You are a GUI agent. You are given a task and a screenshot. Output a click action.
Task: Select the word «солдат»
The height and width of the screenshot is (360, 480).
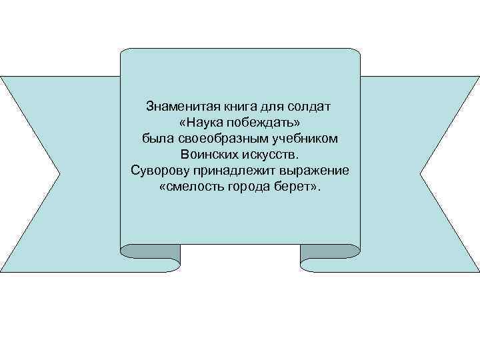[x=309, y=107]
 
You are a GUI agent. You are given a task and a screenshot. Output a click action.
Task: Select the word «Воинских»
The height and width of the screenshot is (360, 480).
[x=213, y=155]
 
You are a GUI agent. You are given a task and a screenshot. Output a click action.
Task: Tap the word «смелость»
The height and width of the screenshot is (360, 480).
[x=194, y=187]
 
